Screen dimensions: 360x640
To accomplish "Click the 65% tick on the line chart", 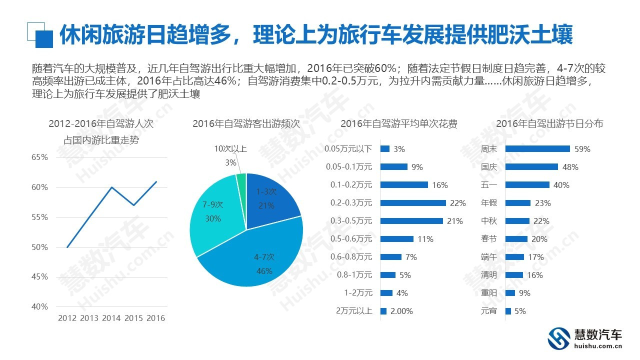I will coord(39,157).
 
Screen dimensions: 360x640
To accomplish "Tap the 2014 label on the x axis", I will coord(111,318).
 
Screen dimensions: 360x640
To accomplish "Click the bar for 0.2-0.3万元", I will coord(413,203).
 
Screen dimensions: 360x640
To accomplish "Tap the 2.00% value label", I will coord(401,311).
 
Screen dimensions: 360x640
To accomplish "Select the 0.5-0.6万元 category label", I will coord(351,239).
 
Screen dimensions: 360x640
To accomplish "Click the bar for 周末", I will coord(537,149).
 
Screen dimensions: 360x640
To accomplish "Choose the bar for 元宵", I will coord(508,311).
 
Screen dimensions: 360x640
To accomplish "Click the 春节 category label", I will coord(488,239).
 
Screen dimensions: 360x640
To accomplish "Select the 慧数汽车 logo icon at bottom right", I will coord(559,338).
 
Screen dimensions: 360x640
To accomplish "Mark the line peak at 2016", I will coord(156,181).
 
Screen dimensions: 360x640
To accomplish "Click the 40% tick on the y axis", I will coord(39,306).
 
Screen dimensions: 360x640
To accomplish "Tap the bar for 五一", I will coord(527,185).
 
